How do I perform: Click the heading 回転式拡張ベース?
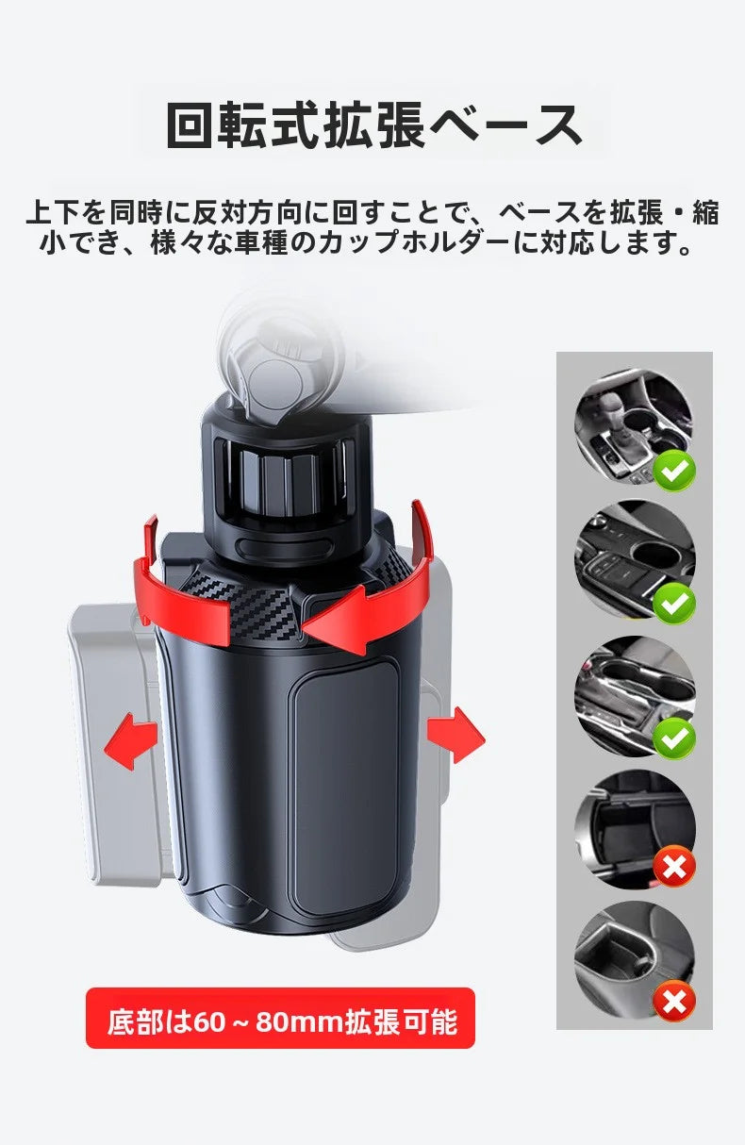click(x=373, y=125)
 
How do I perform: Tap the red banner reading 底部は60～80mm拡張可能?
click(x=280, y=1021)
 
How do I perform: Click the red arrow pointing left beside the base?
click(x=131, y=741)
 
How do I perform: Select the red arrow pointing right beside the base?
click(x=455, y=735)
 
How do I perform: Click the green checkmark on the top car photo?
click(x=674, y=471)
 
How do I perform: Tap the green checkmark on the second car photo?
click(x=674, y=604)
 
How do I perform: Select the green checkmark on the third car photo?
click(x=674, y=738)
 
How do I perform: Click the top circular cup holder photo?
click(x=634, y=428)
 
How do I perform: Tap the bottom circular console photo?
click(x=634, y=960)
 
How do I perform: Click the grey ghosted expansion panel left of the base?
click(x=115, y=744)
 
